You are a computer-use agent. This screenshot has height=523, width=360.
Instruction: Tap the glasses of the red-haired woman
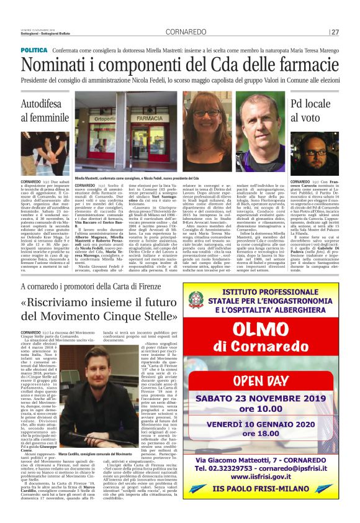coord(206,114)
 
